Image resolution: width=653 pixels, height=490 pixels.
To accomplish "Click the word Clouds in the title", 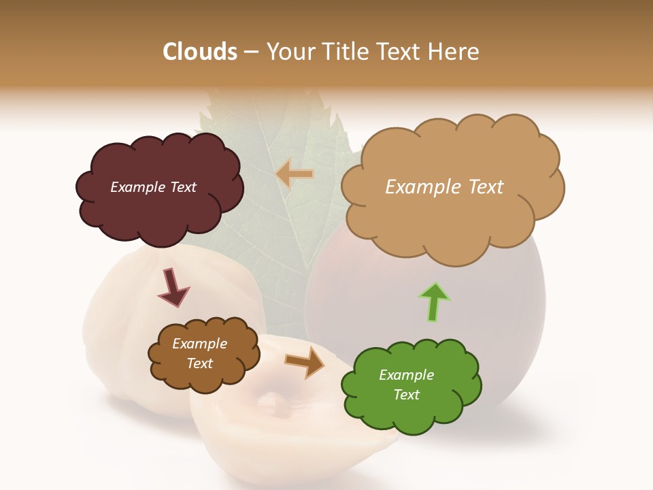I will pos(199,52).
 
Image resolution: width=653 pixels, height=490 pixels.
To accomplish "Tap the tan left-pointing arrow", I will pos(295,175).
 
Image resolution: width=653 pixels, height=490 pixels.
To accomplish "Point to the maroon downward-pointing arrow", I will pos(173,287).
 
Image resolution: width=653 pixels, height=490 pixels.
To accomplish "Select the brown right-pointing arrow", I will pos(305,361).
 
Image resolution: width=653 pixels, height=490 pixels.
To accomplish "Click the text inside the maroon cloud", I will pos(153,187).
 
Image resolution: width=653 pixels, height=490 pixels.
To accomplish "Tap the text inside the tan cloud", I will pos(444,187).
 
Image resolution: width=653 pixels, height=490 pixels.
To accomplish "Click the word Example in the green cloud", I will pos(406,375).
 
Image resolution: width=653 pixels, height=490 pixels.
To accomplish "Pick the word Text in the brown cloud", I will pos(200,363).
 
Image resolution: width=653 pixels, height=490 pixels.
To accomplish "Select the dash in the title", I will pos(250,52).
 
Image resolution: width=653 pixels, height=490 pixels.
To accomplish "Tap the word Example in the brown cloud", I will pos(200,344).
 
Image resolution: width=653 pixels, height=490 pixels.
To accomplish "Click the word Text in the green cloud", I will pos(406,395).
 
